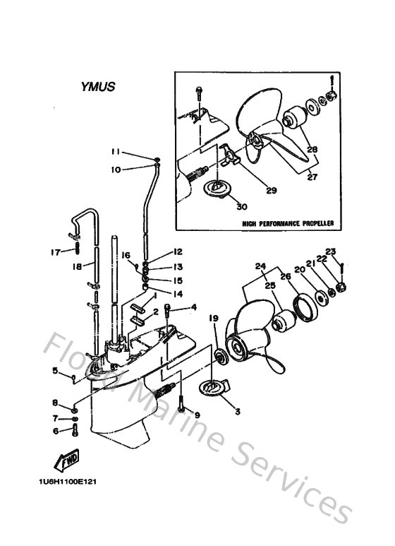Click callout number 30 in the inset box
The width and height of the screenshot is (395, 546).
(x=242, y=206)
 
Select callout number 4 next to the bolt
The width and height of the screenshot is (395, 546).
(x=193, y=307)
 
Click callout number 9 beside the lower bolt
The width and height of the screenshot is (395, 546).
(x=197, y=415)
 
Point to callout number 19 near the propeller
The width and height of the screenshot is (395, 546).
(x=212, y=320)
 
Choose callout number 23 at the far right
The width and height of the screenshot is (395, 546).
(x=331, y=251)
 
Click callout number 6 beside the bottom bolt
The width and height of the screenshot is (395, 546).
(x=54, y=431)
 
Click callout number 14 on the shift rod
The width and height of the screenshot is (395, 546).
(x=177, y=293)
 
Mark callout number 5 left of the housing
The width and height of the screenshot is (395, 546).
(x=54, y=369)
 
